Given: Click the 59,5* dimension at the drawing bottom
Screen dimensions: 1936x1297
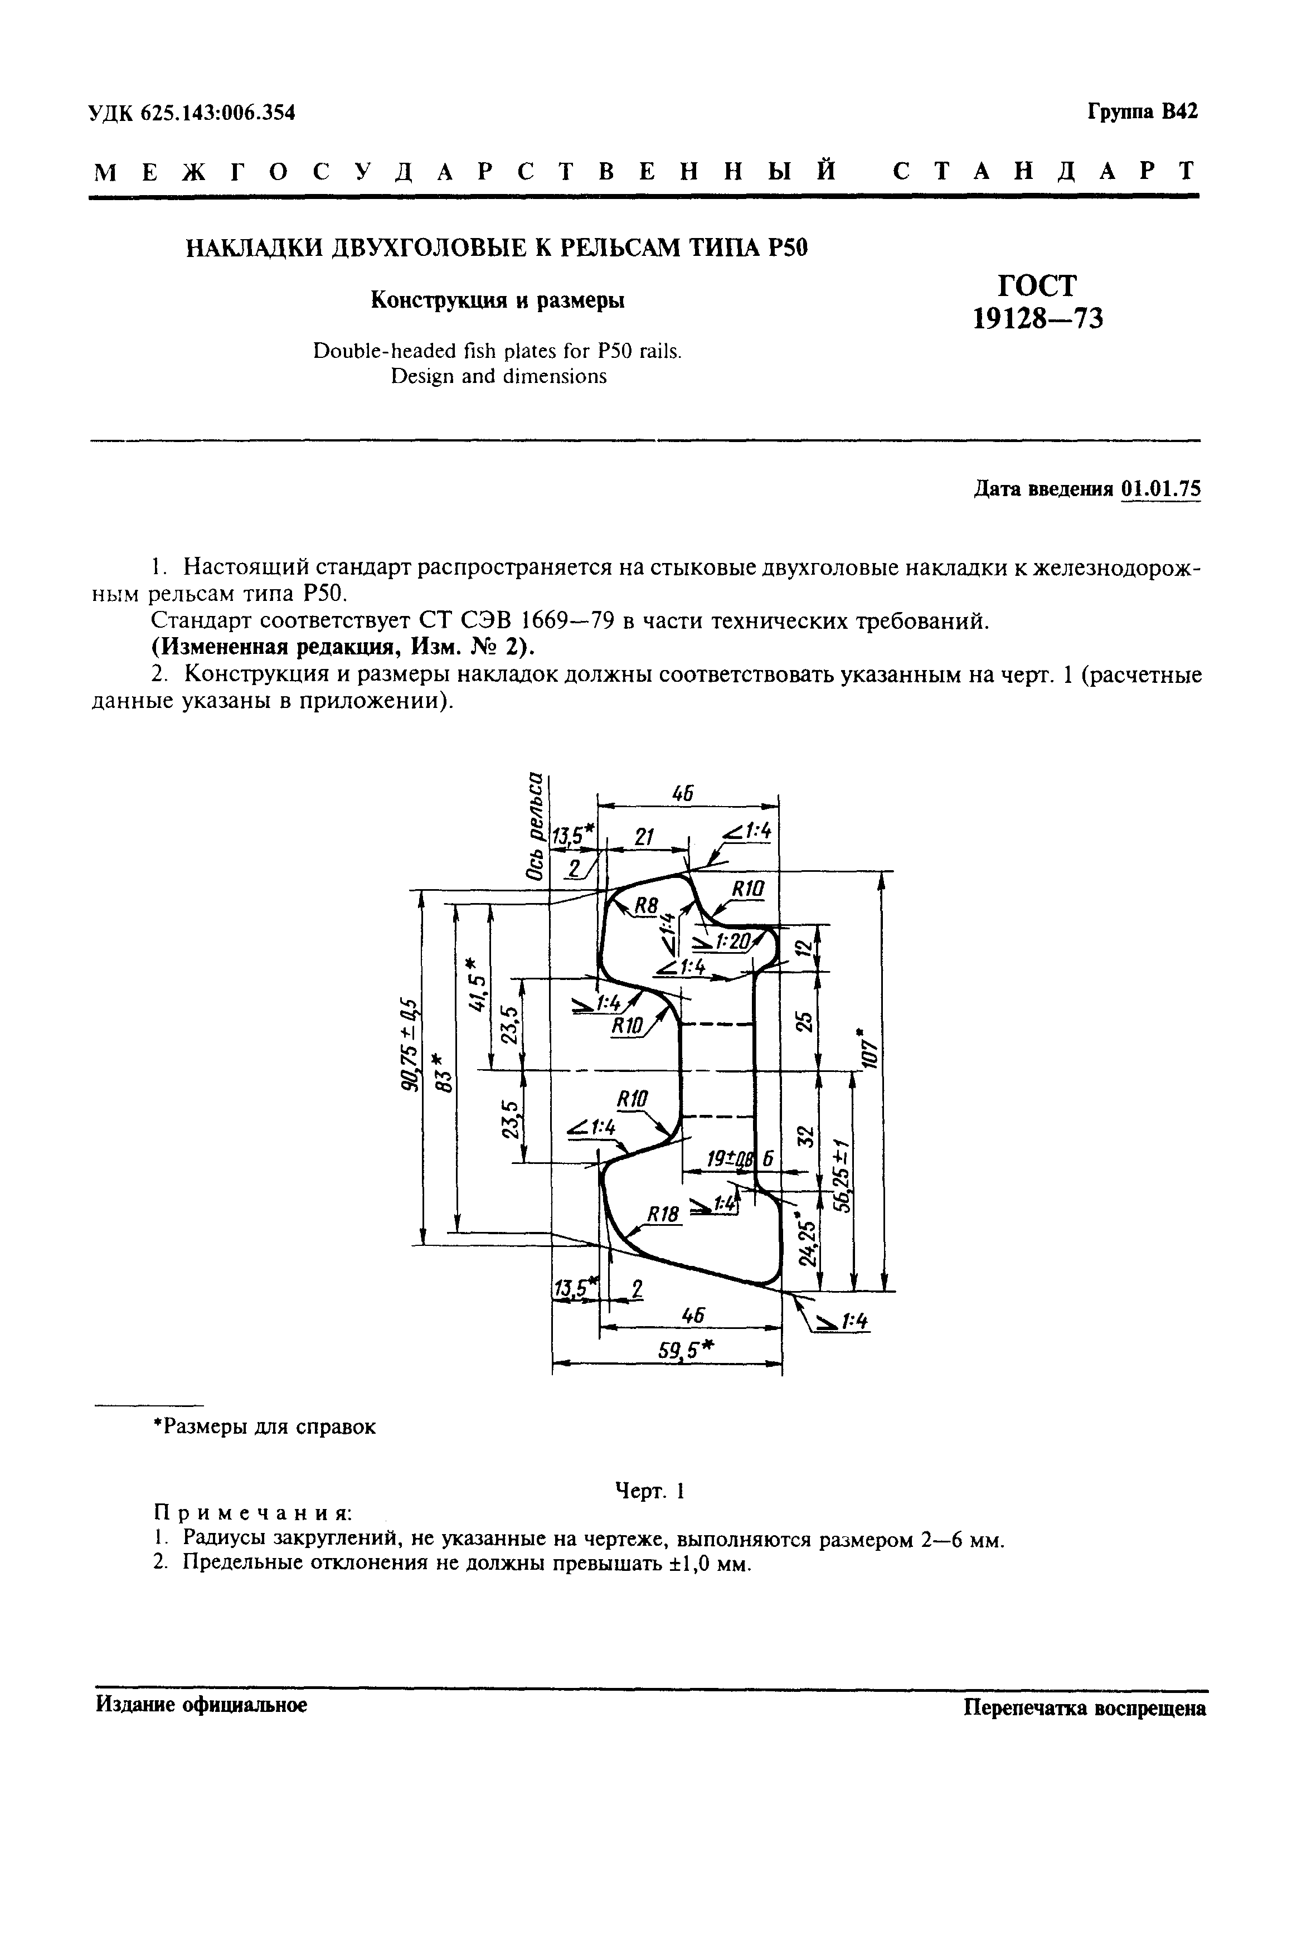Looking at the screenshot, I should [686, 1350].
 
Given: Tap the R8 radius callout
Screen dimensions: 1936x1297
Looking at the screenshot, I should [645, 907].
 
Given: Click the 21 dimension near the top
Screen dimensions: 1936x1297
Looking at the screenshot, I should [644, 837].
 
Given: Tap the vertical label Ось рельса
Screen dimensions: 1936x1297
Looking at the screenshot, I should [536, 826].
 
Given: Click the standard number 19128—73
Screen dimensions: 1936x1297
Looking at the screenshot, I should [1037, 318].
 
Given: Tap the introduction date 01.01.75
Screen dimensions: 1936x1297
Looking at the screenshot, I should [1160, 489].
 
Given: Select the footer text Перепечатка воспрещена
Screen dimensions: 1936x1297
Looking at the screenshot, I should [1085, 1705].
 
